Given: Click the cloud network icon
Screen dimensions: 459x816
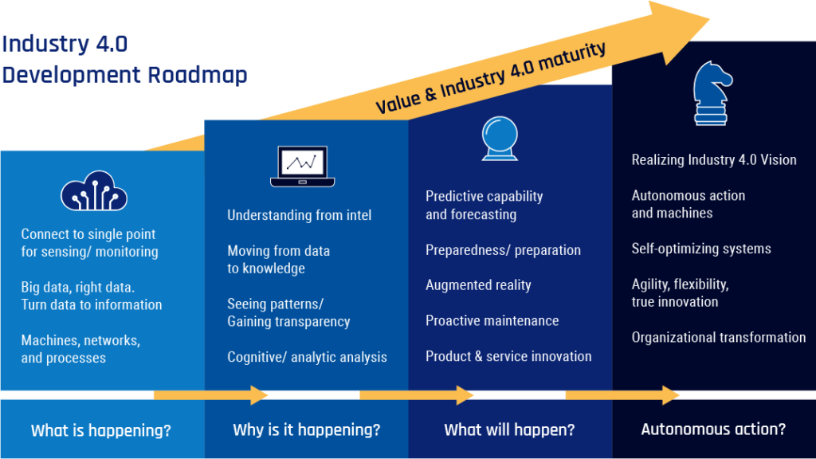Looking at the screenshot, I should tap(94, 190).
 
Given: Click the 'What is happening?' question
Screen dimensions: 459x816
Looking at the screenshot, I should tap(100, 431).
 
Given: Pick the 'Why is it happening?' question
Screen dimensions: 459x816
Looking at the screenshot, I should tap(306, 430).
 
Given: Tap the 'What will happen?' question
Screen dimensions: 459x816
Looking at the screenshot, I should tap(509, 430).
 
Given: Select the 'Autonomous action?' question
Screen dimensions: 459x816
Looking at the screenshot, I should tap(713, 430).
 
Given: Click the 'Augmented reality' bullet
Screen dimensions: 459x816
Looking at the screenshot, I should tap(478, 285).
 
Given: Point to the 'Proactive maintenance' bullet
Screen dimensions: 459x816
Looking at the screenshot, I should tap(492, 321).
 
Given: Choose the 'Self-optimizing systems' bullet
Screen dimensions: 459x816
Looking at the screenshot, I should tap(701, 249).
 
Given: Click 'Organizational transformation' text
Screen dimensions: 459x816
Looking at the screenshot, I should tap(718, 338).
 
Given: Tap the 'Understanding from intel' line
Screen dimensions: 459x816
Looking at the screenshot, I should tap(299, 215).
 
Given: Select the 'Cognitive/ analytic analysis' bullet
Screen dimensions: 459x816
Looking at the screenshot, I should tap(307, 357).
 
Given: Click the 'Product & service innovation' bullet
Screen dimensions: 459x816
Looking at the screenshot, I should tap(508, 356).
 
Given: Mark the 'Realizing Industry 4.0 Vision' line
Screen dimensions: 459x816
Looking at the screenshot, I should tap(714, 160).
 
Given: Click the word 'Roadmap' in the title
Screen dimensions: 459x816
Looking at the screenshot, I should tap(197, 75).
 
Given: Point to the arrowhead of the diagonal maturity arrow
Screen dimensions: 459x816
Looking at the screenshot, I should tap(685, 18).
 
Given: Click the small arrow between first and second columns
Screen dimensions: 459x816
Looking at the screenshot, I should tap(211, 394).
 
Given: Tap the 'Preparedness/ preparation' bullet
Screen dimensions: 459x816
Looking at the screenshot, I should tap(503, 250).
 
